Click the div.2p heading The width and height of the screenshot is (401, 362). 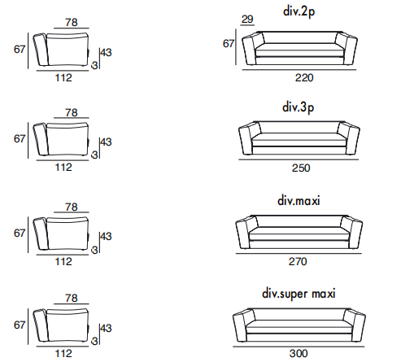click(x=299, y=11)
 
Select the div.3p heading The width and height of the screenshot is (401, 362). click(x=298, y=107)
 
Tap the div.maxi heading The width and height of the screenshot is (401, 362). click(x=299, y=201)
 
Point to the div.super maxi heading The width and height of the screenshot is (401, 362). click(x=299, y=294)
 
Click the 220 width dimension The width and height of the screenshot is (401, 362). click(x=304, y=78)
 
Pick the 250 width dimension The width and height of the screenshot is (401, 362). click(x=301, y=168)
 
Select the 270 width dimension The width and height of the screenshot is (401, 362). click(x=298, y=262)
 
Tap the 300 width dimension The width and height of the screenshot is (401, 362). click(x=299, y=354)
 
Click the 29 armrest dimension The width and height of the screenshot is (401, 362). click(x=247, y=20)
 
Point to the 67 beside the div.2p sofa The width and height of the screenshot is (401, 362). click(x=229, y=44)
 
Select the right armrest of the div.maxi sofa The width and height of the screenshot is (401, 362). click(x=351, y=232)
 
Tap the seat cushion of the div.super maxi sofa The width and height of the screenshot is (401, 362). click(x=299, y=326)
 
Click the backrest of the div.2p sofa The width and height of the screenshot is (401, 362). click(x=299, y=37)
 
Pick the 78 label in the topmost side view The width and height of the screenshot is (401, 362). click(x=72, y=23)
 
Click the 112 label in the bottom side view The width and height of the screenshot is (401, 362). click(x=63, y=354)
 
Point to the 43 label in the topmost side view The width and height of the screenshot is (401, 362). click(x=106, y=53)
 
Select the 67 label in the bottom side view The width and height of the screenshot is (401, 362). click(x=20, y=325)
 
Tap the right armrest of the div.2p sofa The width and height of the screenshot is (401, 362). click(x=347, y=49)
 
